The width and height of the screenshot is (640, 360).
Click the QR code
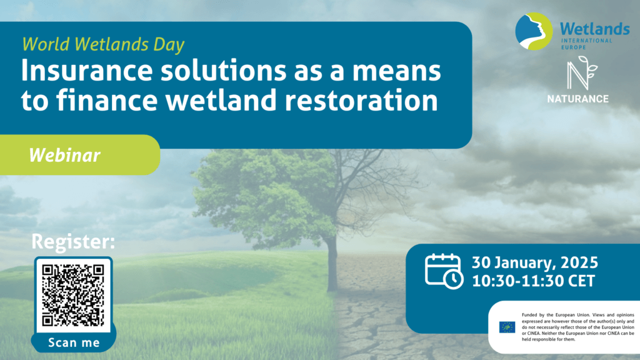pos(74,295)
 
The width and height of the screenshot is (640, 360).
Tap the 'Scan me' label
pos(74,342)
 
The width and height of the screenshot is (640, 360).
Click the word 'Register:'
pos(74,242)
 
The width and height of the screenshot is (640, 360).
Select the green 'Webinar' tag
pos(79,155)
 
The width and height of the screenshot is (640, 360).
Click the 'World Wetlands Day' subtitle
pos(103,44)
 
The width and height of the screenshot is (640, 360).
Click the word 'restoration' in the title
pos(361,100)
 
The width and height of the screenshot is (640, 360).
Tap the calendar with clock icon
pos(444,271)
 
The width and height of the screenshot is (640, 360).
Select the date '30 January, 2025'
pos(535,263)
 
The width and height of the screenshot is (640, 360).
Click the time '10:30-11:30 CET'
pos(534,281)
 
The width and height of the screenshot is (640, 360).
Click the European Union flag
pos(507,327)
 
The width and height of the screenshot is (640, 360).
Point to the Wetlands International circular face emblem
pos(534,31)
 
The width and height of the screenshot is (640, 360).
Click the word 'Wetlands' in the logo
pos(595,29)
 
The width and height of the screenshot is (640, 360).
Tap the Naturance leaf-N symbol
pos(582,73)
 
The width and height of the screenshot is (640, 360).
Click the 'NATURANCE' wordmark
pos(577,99)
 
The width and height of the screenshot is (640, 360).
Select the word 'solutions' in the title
pos(224,71)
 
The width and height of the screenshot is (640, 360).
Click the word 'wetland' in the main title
pos(221,100)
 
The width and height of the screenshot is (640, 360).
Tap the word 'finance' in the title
pos(107,100)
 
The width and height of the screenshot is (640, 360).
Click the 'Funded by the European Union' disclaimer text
pos(578,327)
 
